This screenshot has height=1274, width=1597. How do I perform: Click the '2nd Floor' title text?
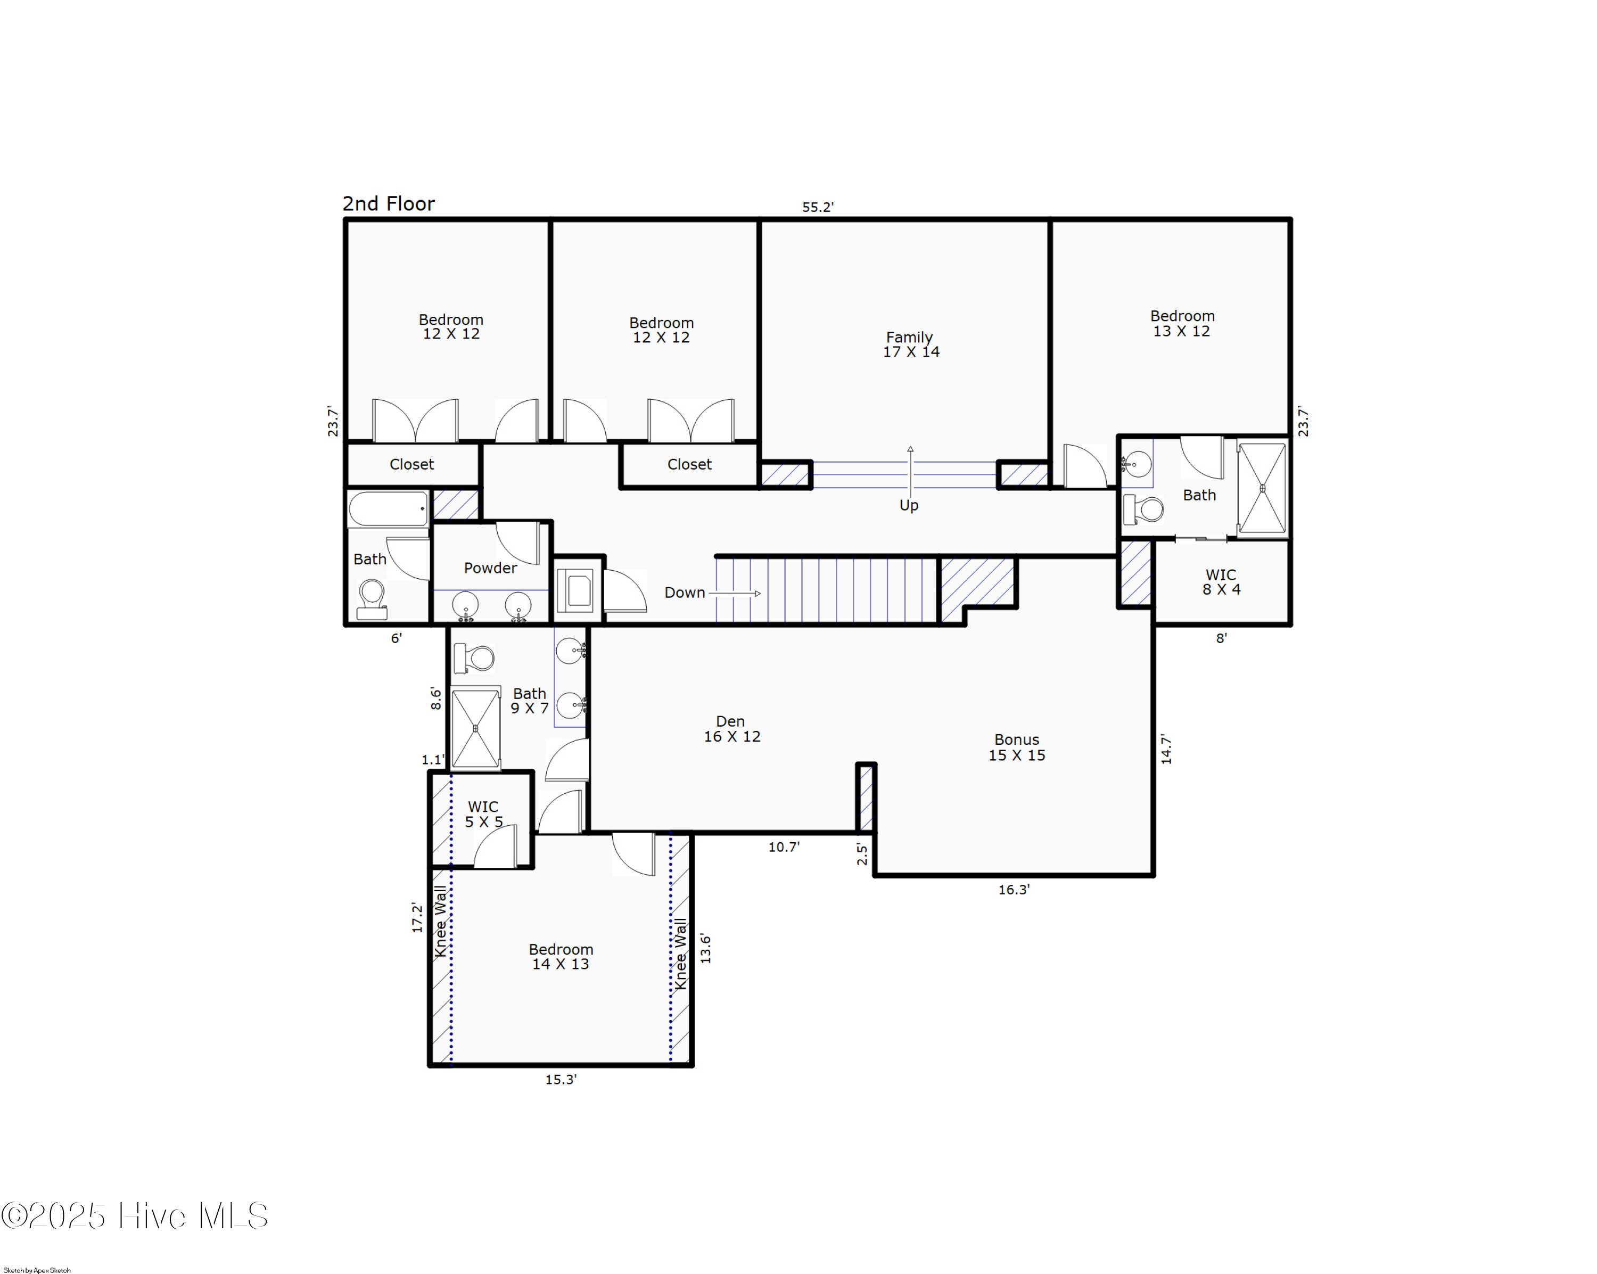(x=388, y=204)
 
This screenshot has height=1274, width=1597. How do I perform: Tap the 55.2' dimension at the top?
(x=817, y=208)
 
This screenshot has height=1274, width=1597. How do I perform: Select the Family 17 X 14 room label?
(x=910, y=344)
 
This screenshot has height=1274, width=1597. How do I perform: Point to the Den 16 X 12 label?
(x=731, y=729)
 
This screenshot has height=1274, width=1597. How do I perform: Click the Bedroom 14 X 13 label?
(x=561, y=956)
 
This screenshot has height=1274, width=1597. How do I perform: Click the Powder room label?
(x=490, y=568)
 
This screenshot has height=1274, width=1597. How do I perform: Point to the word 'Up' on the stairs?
(x=908, y=505)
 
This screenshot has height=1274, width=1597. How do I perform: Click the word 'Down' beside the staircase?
(x=684, y=593)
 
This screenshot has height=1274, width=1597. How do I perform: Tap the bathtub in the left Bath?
(x=388, y=509)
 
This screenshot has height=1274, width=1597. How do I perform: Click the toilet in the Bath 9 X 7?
(x=474, y=657)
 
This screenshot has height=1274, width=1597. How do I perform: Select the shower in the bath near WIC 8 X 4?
(x=1262, y=488)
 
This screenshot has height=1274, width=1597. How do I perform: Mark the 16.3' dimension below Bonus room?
(x=1014, y=890)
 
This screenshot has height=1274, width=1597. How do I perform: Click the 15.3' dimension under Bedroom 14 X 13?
(x=561, y=1079)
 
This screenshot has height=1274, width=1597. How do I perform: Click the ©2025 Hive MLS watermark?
(x=135, y=1216)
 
